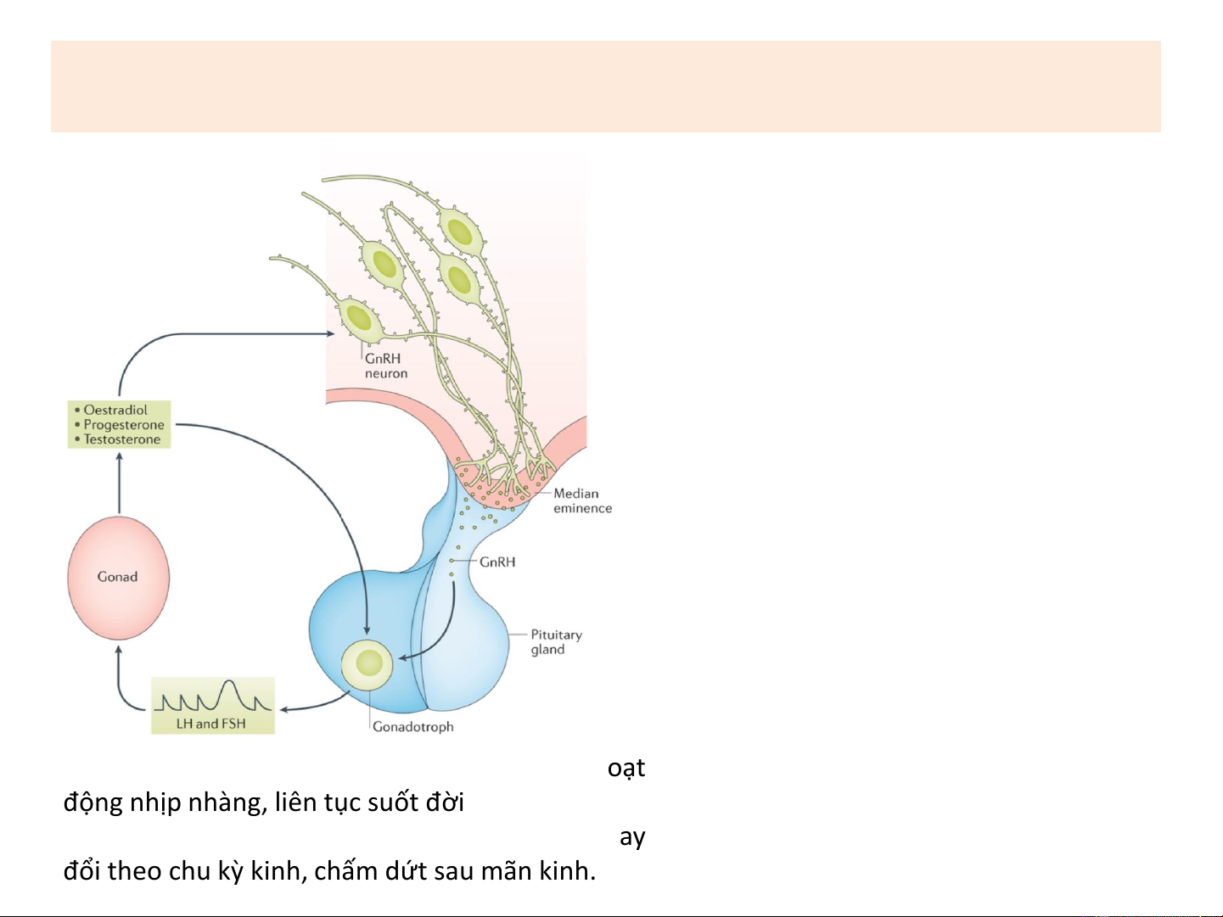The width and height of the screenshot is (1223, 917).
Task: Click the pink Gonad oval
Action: [118, 578]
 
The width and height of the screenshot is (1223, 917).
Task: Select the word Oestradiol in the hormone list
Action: [115, 411]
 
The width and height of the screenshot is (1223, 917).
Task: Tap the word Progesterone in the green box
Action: [124, 425]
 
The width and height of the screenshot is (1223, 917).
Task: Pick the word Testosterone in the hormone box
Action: [122, 439]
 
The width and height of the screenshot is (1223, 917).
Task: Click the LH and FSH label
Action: [211, 724]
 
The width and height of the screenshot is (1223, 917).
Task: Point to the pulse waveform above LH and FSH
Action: [213, 697]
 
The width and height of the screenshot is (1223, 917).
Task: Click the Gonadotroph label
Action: [413, 727]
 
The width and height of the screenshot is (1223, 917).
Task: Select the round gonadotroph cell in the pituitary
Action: [367, 664]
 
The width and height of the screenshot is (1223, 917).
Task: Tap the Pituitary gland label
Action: [556, 642]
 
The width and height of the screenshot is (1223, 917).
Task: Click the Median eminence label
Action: [582, 500]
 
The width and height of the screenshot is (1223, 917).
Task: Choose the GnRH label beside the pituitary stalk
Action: [497, 562]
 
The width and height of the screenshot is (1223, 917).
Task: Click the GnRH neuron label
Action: [385, 366]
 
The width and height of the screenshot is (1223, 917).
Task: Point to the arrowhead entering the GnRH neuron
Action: [330, 334]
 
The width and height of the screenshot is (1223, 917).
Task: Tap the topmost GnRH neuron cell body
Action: [460, 231]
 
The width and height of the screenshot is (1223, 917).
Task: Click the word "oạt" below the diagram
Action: [626, 768]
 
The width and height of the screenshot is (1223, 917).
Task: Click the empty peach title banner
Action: [605, 86]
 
